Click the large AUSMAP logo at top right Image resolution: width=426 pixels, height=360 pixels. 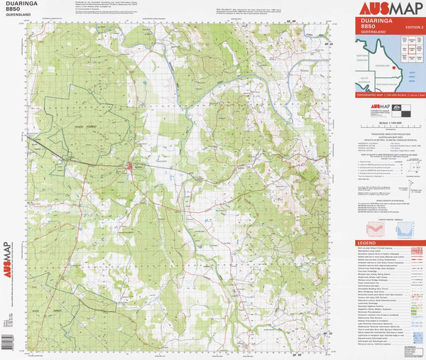tap(390, 9)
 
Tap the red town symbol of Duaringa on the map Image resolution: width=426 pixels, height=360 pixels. tap(129, 167)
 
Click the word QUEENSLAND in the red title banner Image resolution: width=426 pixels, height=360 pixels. tap(373, 33)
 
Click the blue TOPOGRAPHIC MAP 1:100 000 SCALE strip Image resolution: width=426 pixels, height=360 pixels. tap(390, 94)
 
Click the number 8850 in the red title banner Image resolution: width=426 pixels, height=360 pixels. tap(368, 26)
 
